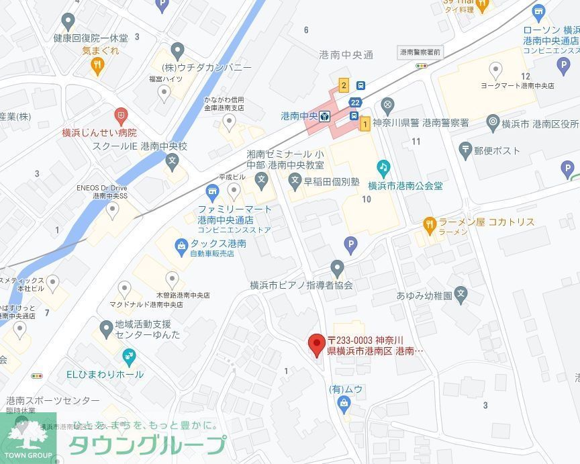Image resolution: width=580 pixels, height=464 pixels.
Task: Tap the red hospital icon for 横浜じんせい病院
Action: pyautogui.click(x=121, y=116)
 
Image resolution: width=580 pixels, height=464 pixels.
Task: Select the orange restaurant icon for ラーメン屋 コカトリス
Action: pyautogui.click(x=429, y=222)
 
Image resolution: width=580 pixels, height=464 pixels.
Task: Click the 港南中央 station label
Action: pyautogui.click(x=299, y=117)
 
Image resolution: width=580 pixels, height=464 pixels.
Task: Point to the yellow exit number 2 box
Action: pyautogui.click(x=344, y=85)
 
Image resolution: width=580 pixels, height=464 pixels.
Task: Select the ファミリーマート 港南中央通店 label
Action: pyautogui.click(x=234, y=214)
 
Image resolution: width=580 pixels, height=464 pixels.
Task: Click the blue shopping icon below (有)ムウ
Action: pyautogui.click(x=344, y=404)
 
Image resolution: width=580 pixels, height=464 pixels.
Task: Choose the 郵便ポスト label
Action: pyautogui.click(x=497, y=150)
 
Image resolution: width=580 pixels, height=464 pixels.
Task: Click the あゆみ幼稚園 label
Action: pyautogui.click(x=424, y=295)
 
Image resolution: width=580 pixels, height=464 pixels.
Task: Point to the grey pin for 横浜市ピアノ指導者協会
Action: pyautogui.click(x=337, y=267)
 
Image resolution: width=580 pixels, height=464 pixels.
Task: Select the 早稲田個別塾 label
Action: pyautogui.click(x=331, y=181)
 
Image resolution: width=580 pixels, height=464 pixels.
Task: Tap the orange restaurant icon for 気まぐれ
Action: pyautogui.click(x=98, y=64)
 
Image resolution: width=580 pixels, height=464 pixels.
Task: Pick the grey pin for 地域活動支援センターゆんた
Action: pyautogui.click(x=106, y=329)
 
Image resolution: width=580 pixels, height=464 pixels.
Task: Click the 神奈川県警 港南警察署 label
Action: pyautogui.click(x=420, y=123)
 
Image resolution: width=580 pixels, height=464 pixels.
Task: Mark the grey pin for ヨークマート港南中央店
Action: pyautogui.click(x=495, y=69)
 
